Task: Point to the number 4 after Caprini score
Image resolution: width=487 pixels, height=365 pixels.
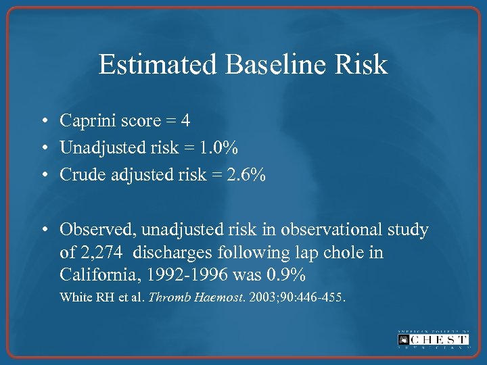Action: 185,121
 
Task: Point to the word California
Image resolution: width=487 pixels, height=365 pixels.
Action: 97,276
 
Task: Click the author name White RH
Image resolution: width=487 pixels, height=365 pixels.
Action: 81,297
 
